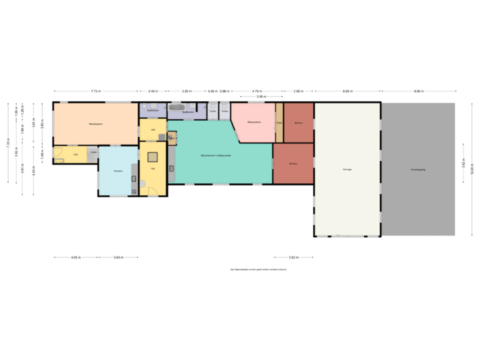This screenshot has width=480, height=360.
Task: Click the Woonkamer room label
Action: pos(95,124)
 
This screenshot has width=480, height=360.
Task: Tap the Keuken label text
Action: pos(118,171)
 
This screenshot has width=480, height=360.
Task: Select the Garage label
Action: pos(347,170)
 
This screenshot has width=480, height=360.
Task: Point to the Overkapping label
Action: pos(418,170)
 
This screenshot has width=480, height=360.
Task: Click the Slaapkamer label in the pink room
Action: pos(253,123)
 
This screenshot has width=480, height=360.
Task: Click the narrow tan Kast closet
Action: pos(279,123)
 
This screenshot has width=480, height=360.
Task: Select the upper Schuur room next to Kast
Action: pos(299,123)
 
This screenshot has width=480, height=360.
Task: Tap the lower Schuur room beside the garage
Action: pos(293,163)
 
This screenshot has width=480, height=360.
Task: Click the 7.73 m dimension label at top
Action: pos(95,91)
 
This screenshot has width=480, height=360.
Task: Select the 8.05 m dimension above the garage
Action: pos(347,91)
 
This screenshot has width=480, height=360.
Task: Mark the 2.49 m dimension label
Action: pos(153,91)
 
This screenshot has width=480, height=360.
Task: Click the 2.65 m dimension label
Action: pos(299,91)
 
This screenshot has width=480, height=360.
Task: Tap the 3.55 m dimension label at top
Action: pos(187,91)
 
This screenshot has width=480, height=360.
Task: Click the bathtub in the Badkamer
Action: pos(177,107)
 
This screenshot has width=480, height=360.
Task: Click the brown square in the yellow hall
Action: pos(153,157)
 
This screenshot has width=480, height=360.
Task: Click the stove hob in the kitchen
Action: pos(133,192)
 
